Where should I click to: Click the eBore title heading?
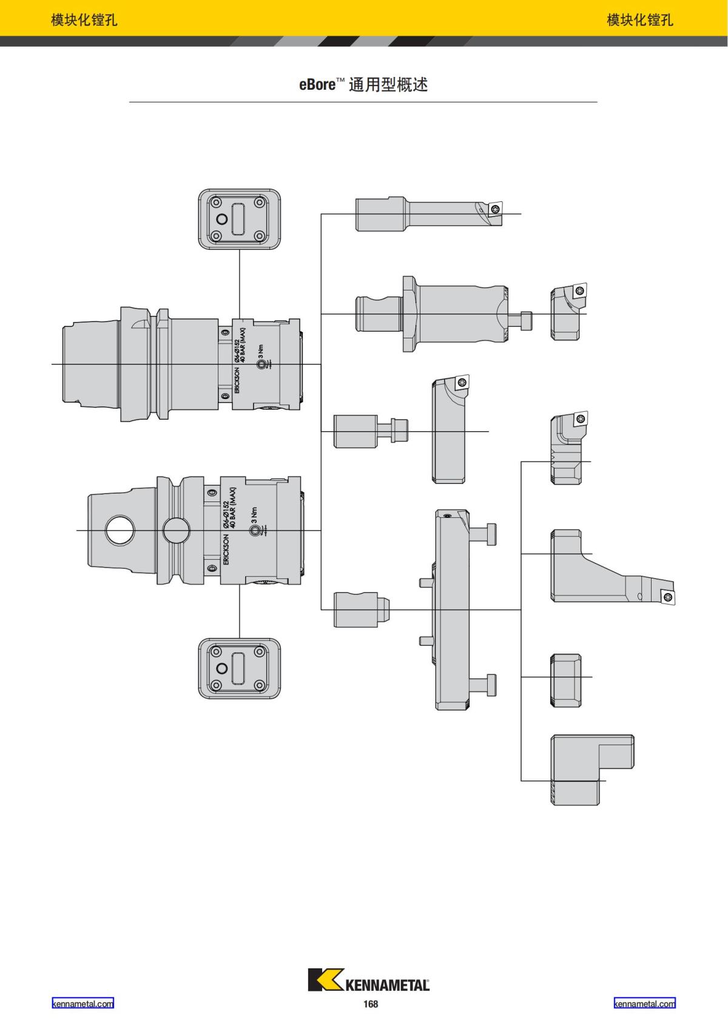point(363,84)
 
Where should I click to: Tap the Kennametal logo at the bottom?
point(369,980)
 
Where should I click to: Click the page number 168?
point(371,1004)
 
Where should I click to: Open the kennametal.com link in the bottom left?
point(83,1004)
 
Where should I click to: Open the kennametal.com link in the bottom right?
point(644,1004)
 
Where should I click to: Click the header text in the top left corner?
point(84,20)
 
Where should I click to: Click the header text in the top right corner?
point(640,20)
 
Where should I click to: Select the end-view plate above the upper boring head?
point(240,219)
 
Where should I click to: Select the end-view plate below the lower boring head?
point(240,668)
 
